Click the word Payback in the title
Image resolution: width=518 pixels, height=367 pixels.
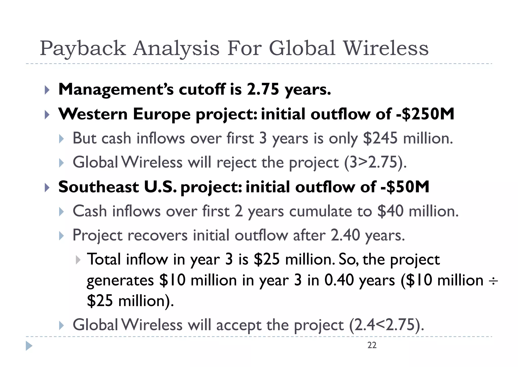pos(83,49)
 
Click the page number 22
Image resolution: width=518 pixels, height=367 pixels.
pos(372,345)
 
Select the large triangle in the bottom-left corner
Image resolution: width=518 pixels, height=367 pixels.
pos(29,346)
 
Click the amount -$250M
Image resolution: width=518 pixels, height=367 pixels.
pos(425,114)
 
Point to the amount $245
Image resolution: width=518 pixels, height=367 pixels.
pos(380,138)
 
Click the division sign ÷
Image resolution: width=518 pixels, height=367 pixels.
pos(493,281)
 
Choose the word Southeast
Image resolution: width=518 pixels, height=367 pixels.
pos(99,187)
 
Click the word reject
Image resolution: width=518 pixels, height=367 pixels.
pos(236,163)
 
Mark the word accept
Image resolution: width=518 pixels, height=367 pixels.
pos(239,325)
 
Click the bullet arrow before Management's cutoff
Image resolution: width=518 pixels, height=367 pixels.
pos(47,90)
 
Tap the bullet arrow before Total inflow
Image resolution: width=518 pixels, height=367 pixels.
pos(78,260)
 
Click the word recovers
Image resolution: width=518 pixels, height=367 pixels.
pos(158,235)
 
